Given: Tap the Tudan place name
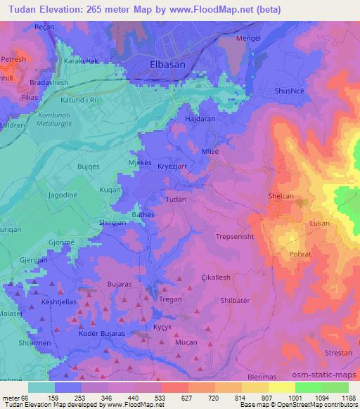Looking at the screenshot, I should [175, 200].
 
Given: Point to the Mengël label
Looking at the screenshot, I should [253, 39].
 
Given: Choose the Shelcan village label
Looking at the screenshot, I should [284, 197].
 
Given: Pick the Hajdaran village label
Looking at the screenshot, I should [199, 119].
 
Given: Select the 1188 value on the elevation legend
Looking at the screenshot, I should [348, 398].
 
